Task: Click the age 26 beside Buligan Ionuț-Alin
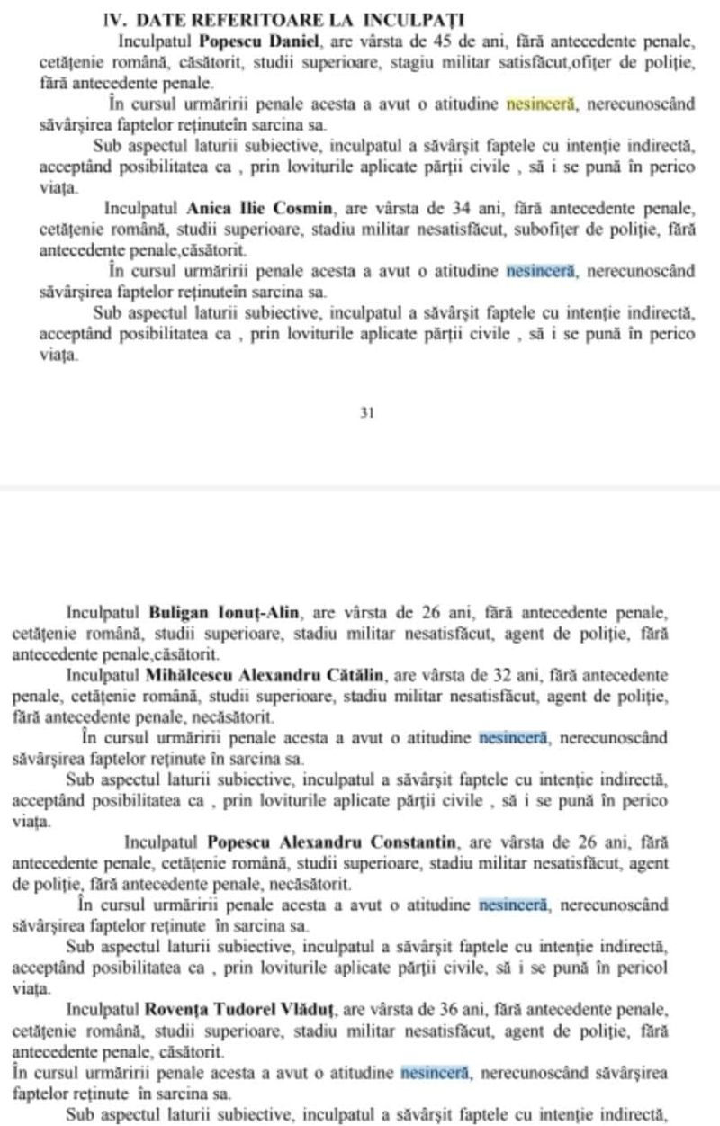[431, 614]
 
